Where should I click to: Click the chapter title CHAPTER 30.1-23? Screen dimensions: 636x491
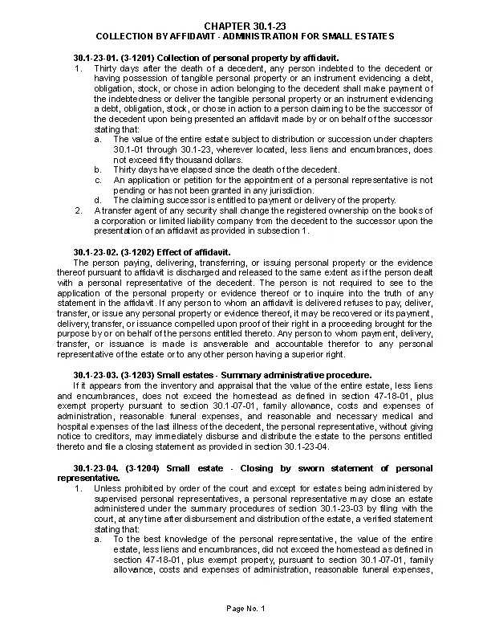[x=245, y=27]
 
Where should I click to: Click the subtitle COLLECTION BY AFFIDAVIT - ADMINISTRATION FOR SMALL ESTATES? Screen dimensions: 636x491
[x=245, y=37]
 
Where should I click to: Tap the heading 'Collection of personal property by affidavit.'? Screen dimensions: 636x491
[x=241, y=59]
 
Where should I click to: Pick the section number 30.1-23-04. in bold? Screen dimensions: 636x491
[x=95, y=468]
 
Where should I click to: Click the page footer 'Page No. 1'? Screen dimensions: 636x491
[x=245, y=609]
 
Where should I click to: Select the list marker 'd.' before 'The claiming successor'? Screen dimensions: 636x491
[x=97, y=200]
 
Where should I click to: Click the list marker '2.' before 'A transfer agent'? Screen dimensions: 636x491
[x=78, y=210]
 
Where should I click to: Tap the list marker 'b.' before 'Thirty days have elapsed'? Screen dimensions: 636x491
[x=97, y=169]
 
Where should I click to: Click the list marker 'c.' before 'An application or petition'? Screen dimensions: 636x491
[x=97, y=180]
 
